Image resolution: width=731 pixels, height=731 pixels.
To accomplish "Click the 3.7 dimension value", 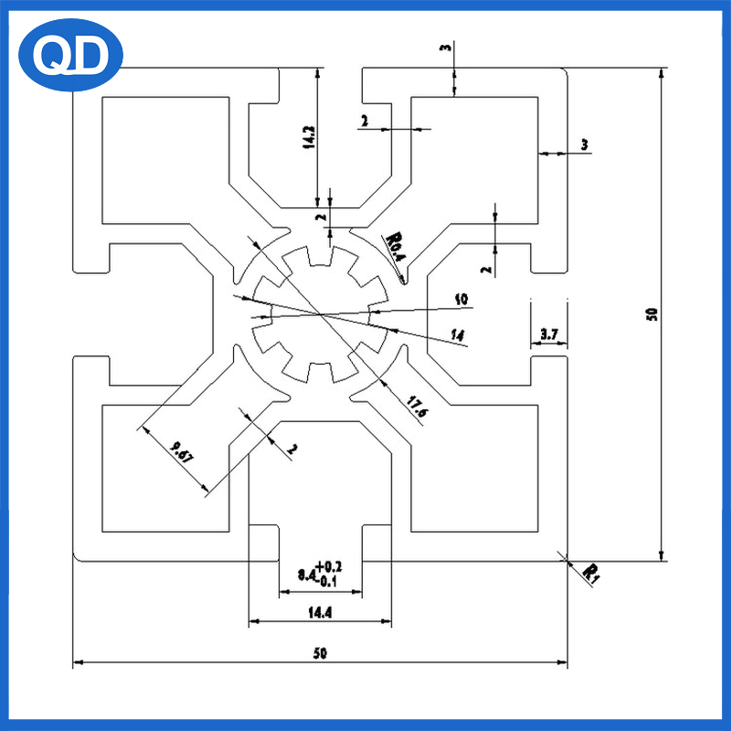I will coord(549,335).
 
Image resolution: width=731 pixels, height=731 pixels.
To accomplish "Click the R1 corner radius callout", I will coord(592,573).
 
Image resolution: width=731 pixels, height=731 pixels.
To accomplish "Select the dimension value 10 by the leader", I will coord(461,299).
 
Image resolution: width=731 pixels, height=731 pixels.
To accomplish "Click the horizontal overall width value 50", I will coord(320,653).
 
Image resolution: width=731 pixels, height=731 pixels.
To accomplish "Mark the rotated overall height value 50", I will coord(652,314).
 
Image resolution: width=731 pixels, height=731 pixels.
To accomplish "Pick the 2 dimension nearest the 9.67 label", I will coord(291,449).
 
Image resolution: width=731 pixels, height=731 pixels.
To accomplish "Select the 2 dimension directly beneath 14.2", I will coord(320,217).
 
